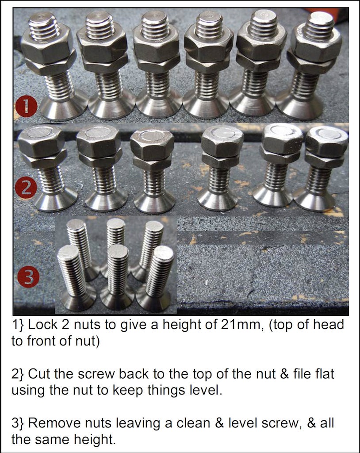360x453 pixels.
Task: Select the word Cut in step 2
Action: click(39, 374)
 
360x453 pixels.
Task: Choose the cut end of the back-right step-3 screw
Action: click(154, 226)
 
